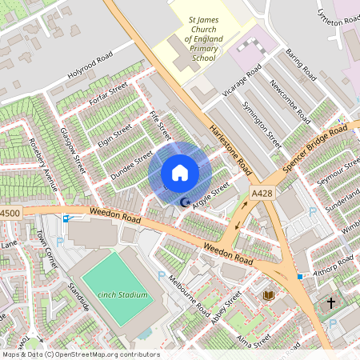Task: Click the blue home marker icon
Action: (180, 173)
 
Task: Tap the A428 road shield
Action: (261, 193)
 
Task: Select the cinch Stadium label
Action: (123, 295)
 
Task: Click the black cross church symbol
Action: (331, 303)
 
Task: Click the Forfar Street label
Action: (110, 94)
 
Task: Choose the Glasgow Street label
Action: (72, 149)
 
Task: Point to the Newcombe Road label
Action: (290, 102)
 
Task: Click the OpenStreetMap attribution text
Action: (80, 354)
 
